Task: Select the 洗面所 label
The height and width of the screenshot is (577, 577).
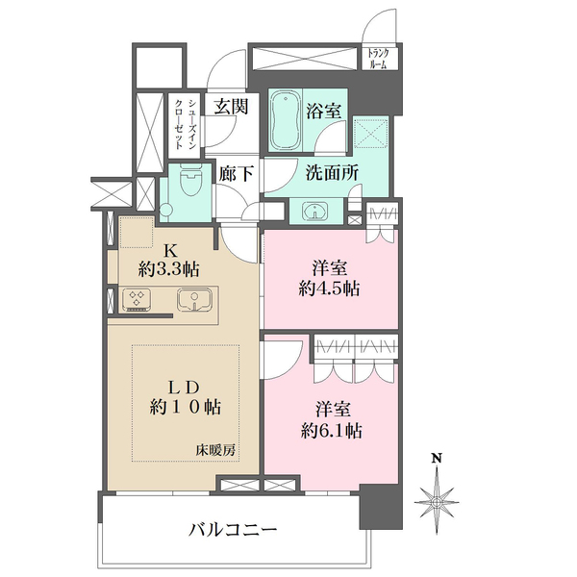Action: click(332, 176)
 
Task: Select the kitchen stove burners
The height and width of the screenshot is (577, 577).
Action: click(138, 300)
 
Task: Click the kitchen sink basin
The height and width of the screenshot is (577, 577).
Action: click(196, 300)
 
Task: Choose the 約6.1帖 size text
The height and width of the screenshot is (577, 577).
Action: click(330, 431)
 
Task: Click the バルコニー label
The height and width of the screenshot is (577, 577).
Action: click(233, 529)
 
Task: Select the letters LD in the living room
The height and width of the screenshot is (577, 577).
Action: click(184, 385)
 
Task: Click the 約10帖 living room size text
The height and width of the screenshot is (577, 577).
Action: click(185, 408)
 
